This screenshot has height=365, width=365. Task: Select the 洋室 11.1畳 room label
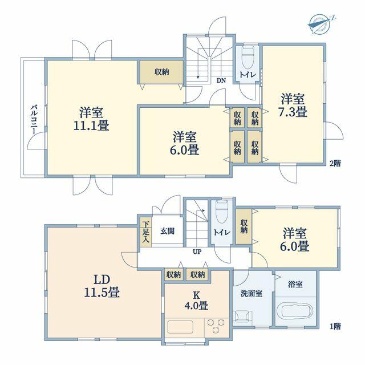pyautogui.click(x=91, y=119)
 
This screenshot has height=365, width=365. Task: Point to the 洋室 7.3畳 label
pyautogui.click(x=293, y=106)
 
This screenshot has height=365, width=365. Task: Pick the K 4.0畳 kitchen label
pyautogui.click(x=196, y=301)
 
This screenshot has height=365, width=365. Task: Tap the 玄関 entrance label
pyautogui.click(x=167, y=231)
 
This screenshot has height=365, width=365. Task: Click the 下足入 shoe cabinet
pyautogui.click(x=146, y=232)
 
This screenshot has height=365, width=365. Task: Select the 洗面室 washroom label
pyautogui.click(x=252, y=294)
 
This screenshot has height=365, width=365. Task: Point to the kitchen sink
pyautogui.click(x=180, y=327)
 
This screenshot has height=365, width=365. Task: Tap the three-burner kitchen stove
pyautogui.click(x=216, y=326)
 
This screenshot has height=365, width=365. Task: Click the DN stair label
pyautogui.click(x=221, y=80)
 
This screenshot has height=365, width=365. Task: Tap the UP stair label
pyautogui.click(x=197, y=252)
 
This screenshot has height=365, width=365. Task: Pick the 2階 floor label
pyautogui.click(x=335, y=163)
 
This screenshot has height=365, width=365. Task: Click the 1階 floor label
pyautogui.click(x=335, y=327)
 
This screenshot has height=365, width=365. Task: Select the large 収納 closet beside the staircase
pyautogui.click(x=161, y=72)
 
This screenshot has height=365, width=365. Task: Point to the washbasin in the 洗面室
pyautogui.click(x=242, y=317)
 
